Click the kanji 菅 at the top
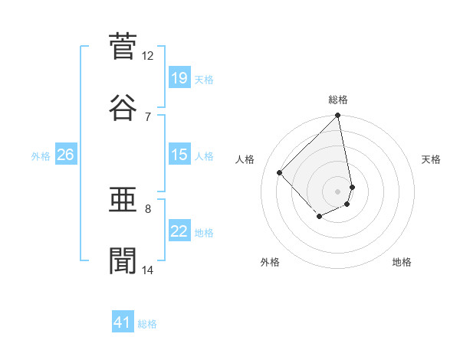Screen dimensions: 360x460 [x=123, y=47]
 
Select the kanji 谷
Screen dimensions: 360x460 [x=123, y=107]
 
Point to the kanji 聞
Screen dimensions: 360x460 [x=123, y=260]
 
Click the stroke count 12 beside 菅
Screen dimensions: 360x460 [x=148, y=56]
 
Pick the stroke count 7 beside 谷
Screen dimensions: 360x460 [x=147, y=116]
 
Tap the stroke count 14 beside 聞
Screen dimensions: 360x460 [x=148, y=270]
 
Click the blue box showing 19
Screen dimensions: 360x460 [x=179, y=77]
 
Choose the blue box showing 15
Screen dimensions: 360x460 [x=179, y=155]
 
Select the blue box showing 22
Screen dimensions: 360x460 [x=179, y=231]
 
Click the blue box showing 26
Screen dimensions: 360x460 [x=65, y=155]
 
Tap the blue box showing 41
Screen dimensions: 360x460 [x=123, y=322]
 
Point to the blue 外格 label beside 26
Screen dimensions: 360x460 [x=41, y=155]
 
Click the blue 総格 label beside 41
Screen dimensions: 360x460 [x=147, y=324]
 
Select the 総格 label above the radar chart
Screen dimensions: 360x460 [x=338, y=100]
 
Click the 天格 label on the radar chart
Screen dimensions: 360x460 [x=431, y=159]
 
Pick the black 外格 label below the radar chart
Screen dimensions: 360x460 [x=270, y=262]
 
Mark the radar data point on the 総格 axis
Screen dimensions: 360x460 [x=337, y=116]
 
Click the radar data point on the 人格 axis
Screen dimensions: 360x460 [x=280, y=172]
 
